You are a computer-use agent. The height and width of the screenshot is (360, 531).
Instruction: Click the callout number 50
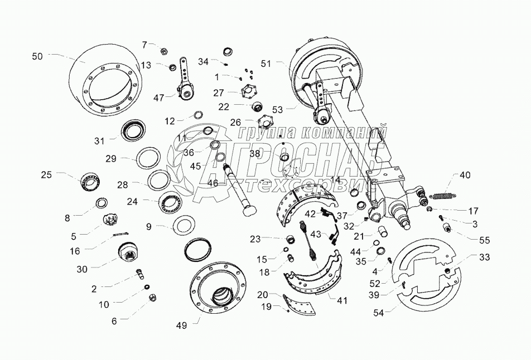tap(37, 56)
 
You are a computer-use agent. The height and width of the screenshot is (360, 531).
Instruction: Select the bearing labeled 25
tap(89, 180)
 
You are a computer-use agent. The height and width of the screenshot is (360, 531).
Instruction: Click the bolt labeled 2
tap(139, 274)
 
